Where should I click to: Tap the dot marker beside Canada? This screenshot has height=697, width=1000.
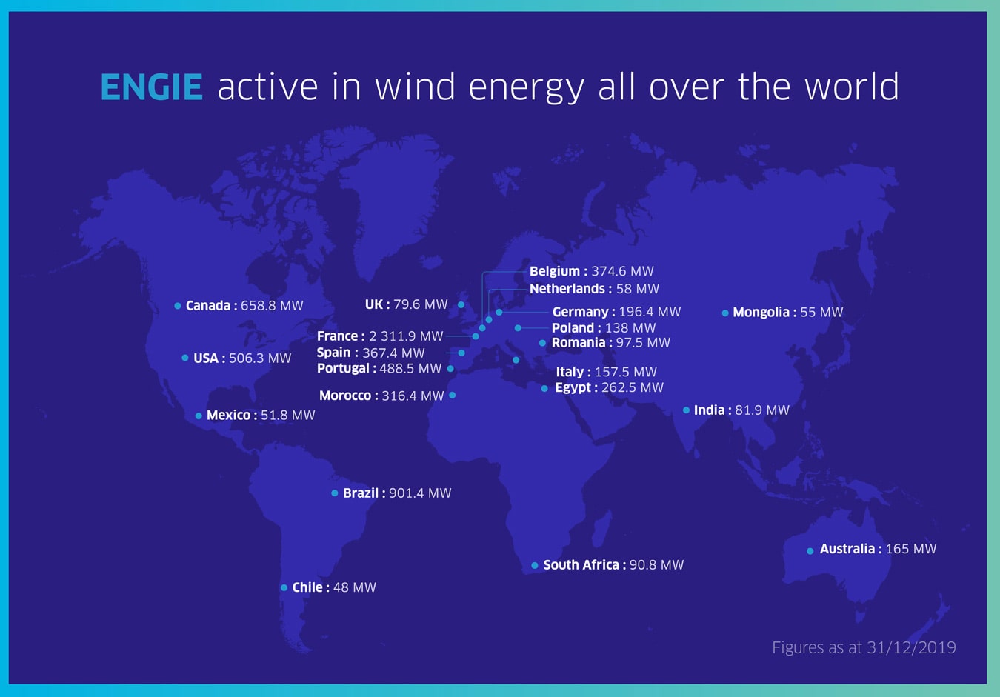178,306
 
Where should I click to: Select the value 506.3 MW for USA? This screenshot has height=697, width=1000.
260,358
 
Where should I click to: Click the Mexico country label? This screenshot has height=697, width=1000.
228,416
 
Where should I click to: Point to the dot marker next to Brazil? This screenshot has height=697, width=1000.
335,493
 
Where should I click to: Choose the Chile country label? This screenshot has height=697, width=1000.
307,587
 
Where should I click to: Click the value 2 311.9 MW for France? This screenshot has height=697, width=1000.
406,336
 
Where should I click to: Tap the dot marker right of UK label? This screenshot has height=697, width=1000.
461,305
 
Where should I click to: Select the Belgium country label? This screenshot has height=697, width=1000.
555,272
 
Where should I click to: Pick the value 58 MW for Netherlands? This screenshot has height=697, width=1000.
638,289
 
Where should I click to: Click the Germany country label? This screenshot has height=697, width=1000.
580,312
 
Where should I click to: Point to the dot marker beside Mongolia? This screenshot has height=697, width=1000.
725,313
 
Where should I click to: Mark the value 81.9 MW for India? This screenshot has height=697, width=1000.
762,410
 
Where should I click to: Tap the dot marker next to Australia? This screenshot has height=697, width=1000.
810,551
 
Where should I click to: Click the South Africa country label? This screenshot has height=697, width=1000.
581,565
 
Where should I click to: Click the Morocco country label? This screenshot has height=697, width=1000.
345,396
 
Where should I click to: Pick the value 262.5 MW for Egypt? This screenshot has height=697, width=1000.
632,387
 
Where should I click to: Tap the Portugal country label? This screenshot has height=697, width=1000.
343,368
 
